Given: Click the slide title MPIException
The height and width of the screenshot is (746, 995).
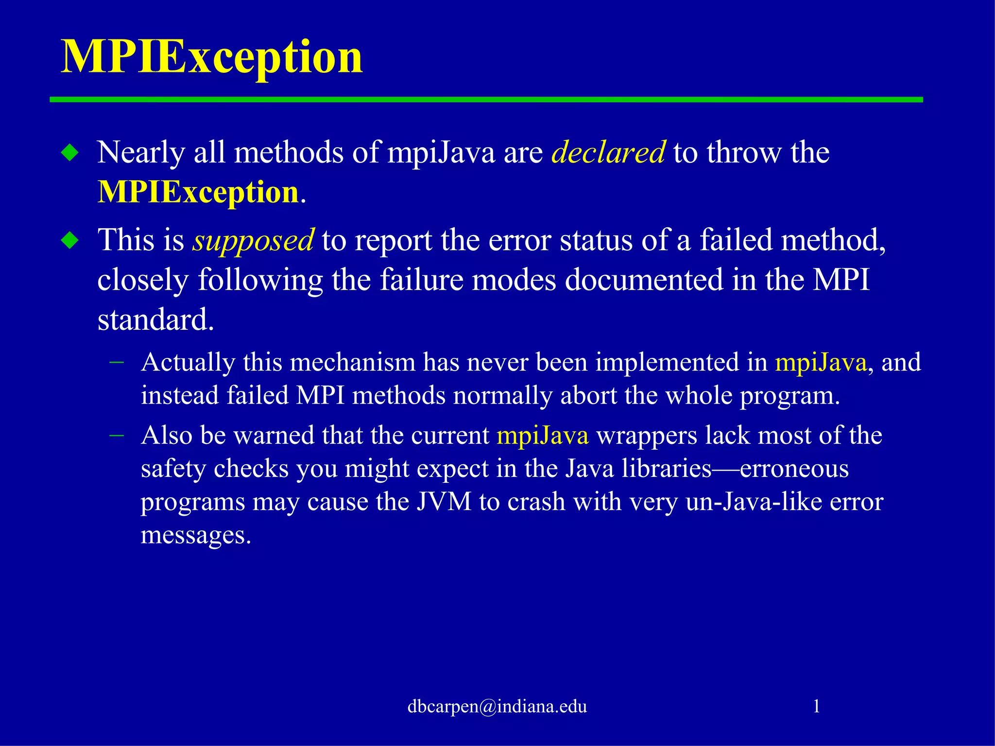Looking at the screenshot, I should (x=211, y=57).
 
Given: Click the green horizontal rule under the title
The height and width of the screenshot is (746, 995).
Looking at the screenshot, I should (x=486, y=100).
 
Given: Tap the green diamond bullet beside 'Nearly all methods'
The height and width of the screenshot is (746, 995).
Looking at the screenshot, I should (x=70, y=153).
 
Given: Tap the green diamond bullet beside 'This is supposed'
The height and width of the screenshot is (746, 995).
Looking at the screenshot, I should (x=70, y=240).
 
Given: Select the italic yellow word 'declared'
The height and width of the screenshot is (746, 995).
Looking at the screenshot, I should (x=608, y=153).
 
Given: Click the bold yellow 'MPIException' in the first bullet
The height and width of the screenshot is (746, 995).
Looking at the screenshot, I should (x=198, y=192).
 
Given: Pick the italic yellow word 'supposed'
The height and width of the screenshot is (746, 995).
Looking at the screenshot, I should (x=253, y=240).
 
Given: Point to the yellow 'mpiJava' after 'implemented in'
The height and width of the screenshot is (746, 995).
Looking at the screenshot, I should (x=821, y=362).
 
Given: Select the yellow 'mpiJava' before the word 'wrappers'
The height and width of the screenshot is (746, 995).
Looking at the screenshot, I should (x=542, y=435).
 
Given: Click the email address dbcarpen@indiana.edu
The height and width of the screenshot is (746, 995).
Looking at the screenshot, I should (x=497, y=706).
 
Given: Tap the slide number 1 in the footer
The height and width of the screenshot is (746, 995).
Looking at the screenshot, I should (x=817, y=706).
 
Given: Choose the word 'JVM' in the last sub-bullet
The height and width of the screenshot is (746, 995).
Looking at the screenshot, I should (x=444, y=502).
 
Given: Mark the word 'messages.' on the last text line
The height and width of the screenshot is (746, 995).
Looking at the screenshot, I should (x=196, y=535).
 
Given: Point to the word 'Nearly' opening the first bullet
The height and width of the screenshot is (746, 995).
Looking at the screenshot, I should (x=141, y=153).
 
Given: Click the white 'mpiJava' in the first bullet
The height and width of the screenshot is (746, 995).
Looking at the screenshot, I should (x=441, y=153).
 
